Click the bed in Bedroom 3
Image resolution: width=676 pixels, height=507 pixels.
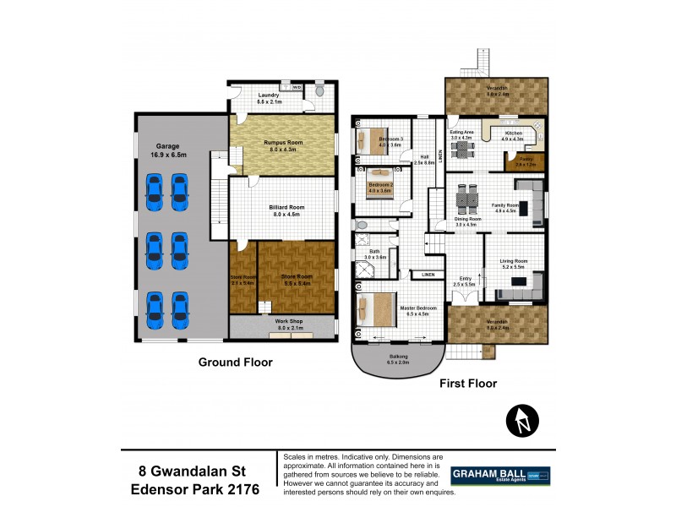(372, 140)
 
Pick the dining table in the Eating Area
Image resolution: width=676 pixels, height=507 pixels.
(462, 150)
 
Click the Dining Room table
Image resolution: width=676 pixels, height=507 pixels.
(466, 202)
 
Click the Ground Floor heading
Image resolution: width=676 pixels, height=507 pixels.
(233, 363)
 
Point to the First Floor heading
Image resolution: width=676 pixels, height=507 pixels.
(467, 383)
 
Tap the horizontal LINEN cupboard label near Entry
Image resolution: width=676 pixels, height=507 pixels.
(422, 274)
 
